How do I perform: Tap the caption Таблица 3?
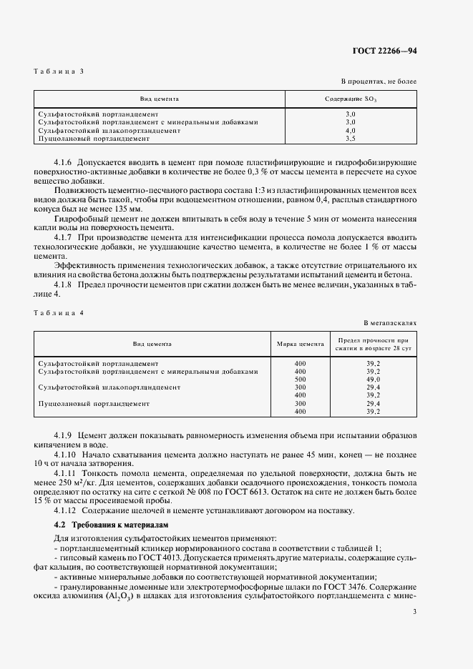pos(59,71)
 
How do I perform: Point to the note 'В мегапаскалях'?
pos(390,323)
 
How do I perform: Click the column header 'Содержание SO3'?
pos(350,99)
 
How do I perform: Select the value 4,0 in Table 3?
pos(350,131)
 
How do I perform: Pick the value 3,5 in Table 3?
pos(350,139)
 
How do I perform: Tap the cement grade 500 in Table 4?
pos(300,380)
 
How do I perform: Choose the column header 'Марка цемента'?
pos(300,344)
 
